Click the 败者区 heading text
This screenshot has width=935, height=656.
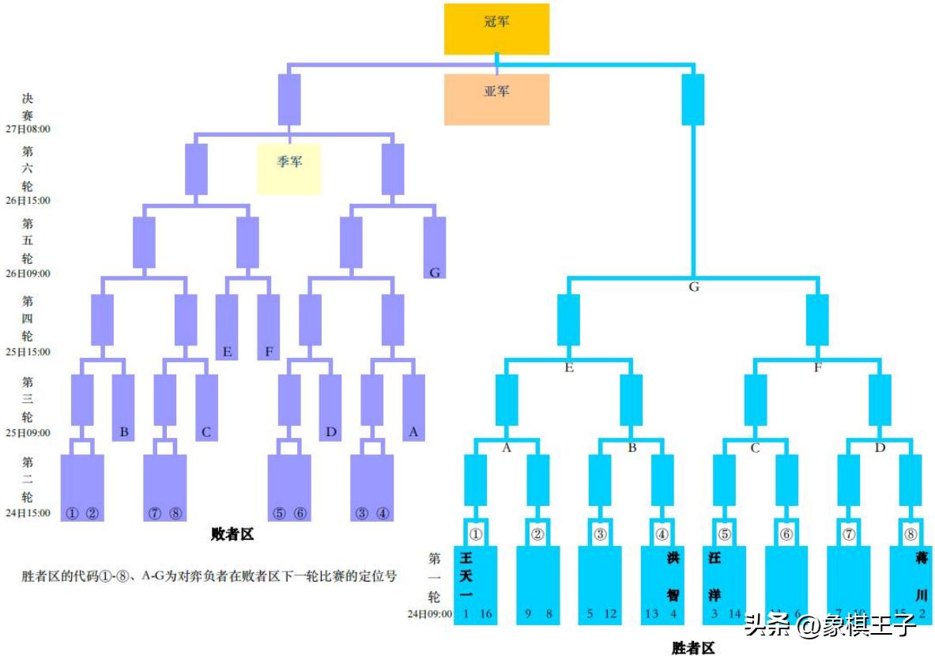point(232,535)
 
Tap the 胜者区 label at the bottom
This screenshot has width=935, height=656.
point(693,648)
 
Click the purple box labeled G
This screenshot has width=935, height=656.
point(435,247)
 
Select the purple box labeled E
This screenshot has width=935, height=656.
point(227,327)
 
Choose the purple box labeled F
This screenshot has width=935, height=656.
point(269,327)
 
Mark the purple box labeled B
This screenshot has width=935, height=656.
point(123,407)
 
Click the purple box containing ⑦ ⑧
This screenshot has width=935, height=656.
point(164,488)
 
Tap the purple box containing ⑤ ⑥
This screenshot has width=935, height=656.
point(289,488)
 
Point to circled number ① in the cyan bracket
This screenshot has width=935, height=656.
point(476,534)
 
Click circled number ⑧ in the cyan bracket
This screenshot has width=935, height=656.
point(910,534)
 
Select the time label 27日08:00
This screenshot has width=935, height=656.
point(28,129)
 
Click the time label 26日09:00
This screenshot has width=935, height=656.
point(28,274)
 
